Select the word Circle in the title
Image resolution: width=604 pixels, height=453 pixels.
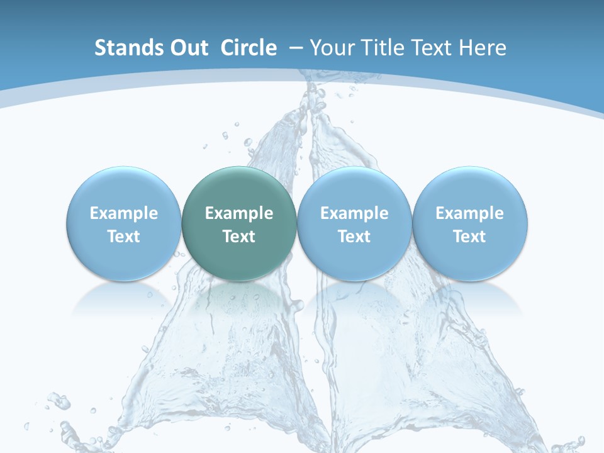point(249,48)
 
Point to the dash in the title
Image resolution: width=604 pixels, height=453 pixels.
point(296,48)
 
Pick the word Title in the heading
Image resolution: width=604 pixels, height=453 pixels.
point(383,48)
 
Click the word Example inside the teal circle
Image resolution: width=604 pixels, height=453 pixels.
point(239,213)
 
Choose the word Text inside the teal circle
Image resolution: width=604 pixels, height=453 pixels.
point(239,237)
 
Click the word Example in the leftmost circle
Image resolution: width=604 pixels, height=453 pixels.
point(124,213)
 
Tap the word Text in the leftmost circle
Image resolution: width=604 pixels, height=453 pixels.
point(124,237)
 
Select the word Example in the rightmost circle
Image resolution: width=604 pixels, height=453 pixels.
point(469,213)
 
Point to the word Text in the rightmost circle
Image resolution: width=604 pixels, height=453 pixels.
point(469,237)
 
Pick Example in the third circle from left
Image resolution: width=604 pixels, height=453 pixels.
point(354,213)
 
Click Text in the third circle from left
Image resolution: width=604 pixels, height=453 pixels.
point(354,237)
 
